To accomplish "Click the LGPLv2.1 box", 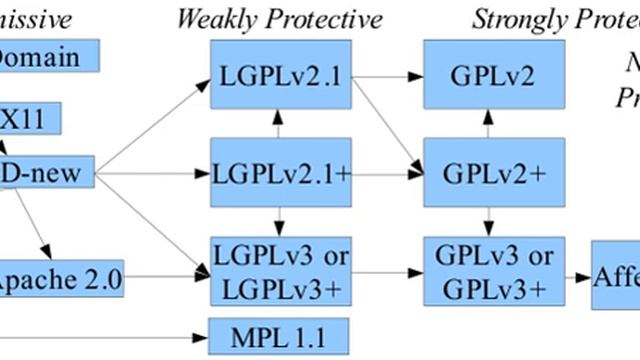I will (x=281, y=76).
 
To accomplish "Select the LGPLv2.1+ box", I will (x=281, y=172).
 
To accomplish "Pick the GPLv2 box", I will (x=486, y=76).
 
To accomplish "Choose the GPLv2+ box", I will (x=486, y=172).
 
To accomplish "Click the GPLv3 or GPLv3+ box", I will (x=487, y=271).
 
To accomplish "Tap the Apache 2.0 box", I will (x=60, y=279).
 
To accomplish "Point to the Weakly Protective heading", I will (x=279, y=18).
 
